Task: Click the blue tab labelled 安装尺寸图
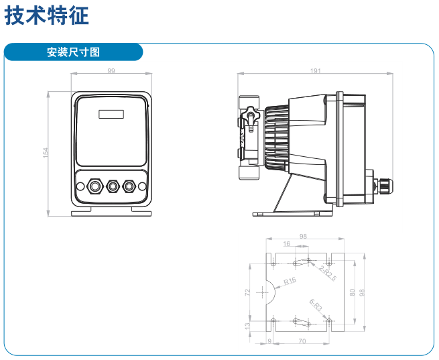coord(73,52)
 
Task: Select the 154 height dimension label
coord(46,153)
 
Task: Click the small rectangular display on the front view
coord(111,113)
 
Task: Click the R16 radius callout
coord(290,282)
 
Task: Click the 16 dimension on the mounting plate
coord(287,245)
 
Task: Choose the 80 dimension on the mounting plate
coord(353,292)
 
